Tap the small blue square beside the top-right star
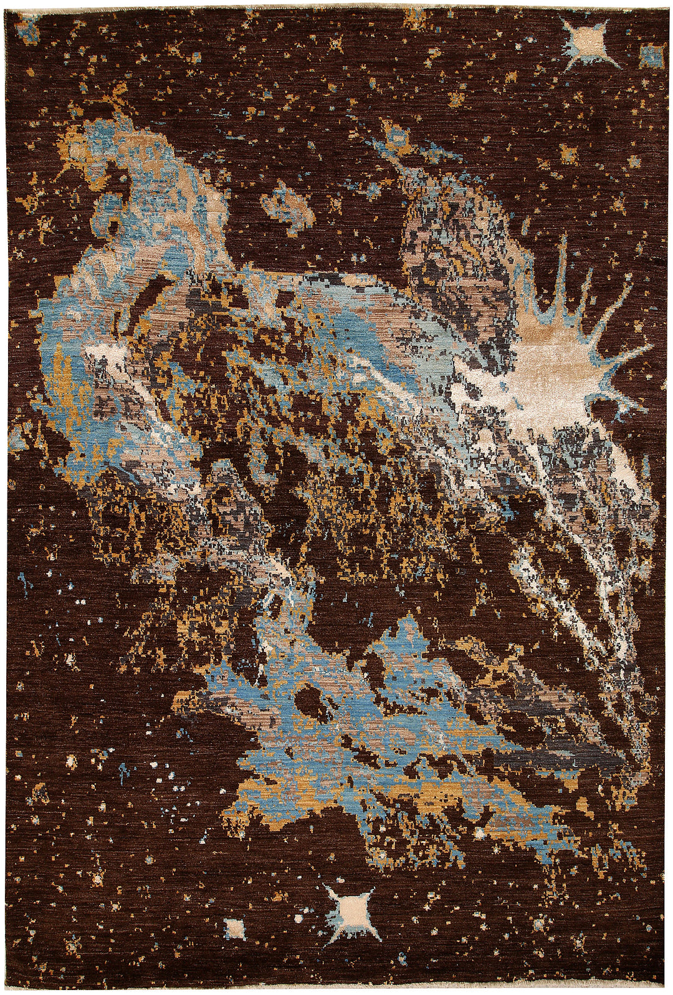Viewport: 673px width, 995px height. pyautogui.click(x=652, y=56)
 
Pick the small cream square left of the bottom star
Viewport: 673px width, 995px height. pyautogui.click(x=235, y=924)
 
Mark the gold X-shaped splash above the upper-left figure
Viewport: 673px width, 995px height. pyautogui.click(x=115, y=100)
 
